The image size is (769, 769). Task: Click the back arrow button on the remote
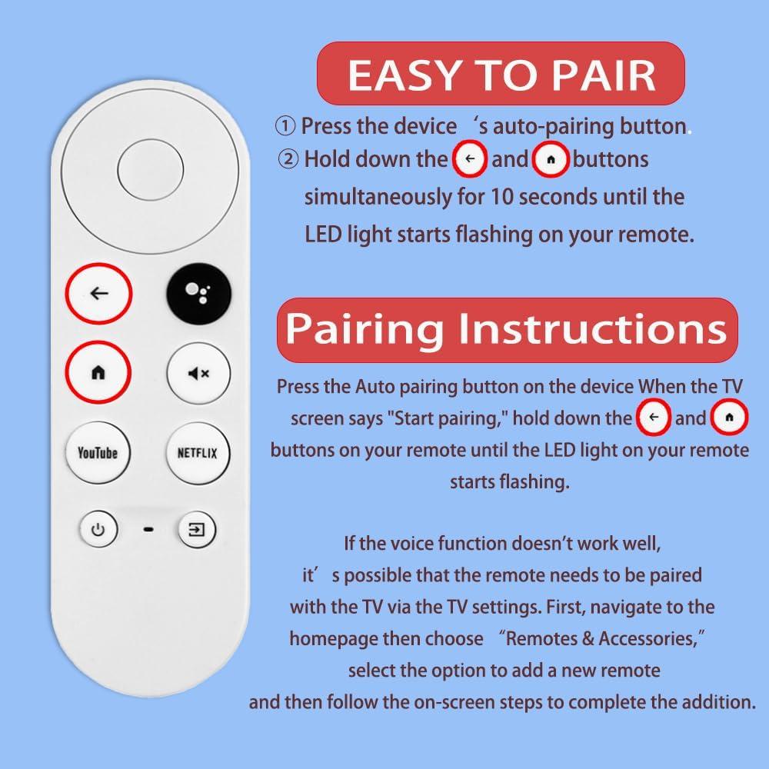point(98,294)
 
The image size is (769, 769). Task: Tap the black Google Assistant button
point(198,294)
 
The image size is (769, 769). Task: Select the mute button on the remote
point(198,374)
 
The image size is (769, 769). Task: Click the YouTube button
point(98,453)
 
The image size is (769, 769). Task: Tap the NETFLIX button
point(198,453)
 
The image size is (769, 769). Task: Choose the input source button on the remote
point(197,530)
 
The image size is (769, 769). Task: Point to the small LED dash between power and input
point(148,530)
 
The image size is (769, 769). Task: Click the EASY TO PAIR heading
point(501,75)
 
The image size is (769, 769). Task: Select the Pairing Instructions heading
point(507,329)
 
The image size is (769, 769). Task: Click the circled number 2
point(288,160)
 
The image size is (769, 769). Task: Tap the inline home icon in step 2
point(550,160)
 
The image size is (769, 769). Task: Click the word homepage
point(333,638)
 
